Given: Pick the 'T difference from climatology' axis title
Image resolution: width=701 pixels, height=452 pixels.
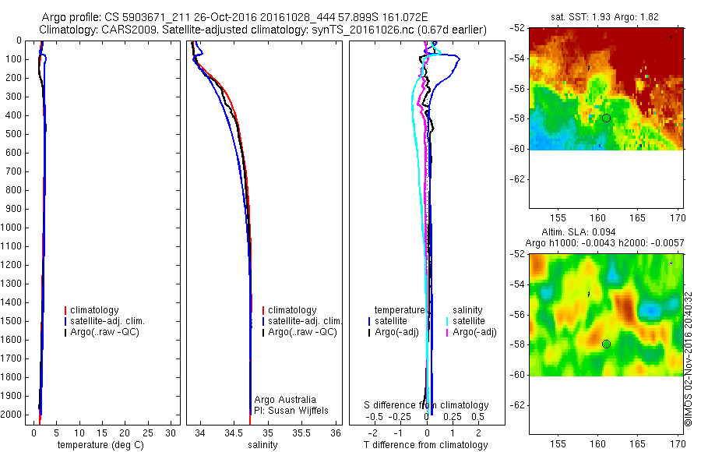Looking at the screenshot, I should click(x=425, y=445).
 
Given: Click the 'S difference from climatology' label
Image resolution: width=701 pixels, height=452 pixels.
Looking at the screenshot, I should click(x=427, y=405).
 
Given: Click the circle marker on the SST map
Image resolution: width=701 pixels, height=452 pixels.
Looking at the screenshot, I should click(x=606, y=118).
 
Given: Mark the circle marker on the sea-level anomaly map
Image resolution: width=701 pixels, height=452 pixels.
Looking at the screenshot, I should click(x=606, y=344).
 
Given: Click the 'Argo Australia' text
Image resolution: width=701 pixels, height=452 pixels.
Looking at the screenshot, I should click(x=285, y=400).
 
